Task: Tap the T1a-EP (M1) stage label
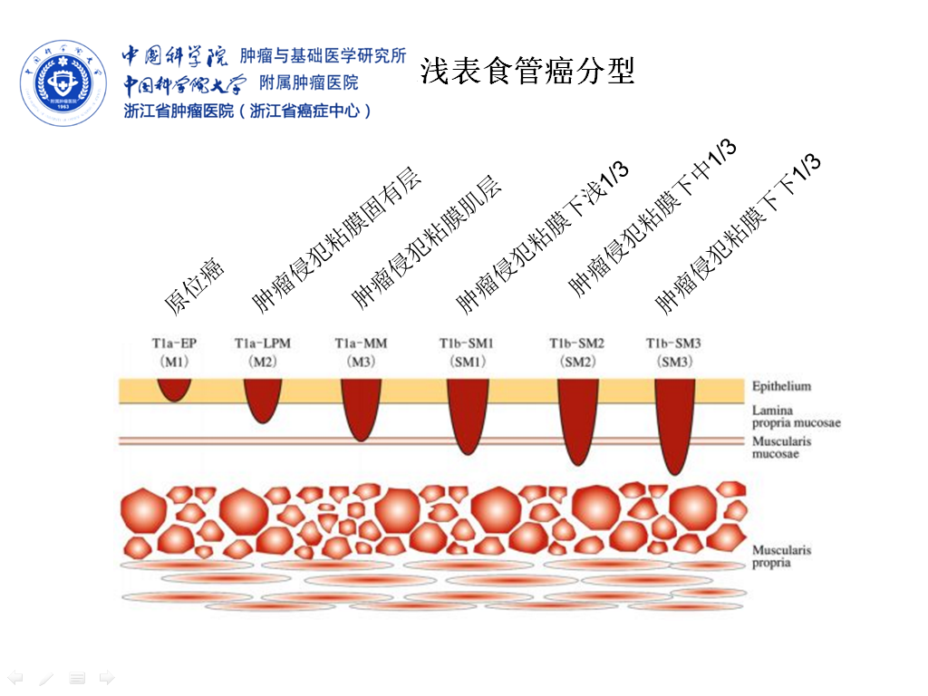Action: tap(174, 352)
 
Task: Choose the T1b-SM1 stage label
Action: tap(468, 352)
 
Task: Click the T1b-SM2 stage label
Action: tap(576, 352)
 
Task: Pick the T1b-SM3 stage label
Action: tap(673, 352)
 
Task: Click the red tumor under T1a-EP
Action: tap(174, 389)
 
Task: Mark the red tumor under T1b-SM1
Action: tap(468, 412)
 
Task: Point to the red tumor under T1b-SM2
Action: tap(577, 417)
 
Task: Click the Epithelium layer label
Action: tap(781, 386)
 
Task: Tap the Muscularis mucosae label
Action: tap(781, 448)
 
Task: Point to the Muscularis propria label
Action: tap(781, 556)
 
